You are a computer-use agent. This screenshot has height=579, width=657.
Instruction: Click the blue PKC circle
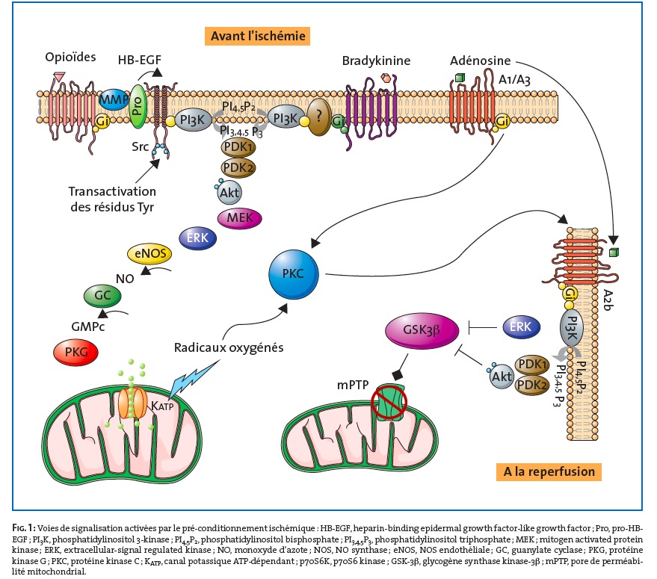[x=293, y=274]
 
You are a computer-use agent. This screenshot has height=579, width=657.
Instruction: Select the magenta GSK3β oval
[x=422, y=330]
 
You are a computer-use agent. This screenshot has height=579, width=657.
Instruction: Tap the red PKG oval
[x=75, y=353]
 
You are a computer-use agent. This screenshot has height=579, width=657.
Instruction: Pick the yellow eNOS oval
[x=149, y=254]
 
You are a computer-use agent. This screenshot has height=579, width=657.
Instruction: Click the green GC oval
[x=102, y=296]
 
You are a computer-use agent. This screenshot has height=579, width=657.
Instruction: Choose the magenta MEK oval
[x=240, y=218]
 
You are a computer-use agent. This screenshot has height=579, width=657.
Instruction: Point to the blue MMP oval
[x=113, y=99]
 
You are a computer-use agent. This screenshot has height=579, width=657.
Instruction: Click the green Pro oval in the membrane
[x=138, y=106]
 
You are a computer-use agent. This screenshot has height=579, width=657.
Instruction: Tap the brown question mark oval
[x=319, y=117]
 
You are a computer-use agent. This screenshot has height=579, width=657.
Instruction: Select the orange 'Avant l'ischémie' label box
[x=257, y=36]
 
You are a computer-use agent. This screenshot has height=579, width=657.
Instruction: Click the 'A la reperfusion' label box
[x=549, y=471]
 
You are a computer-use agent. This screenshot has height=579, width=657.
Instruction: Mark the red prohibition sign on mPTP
[x=389, y=403]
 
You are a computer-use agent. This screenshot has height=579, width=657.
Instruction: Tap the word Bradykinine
[x=376, y=61]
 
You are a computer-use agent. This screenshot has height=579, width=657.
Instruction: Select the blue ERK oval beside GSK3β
[x=520, y=327]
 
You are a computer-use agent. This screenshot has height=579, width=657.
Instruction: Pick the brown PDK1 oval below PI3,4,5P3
[x=238, y=147]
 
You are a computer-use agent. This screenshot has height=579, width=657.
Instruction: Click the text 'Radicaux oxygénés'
[x=229, y=347]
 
